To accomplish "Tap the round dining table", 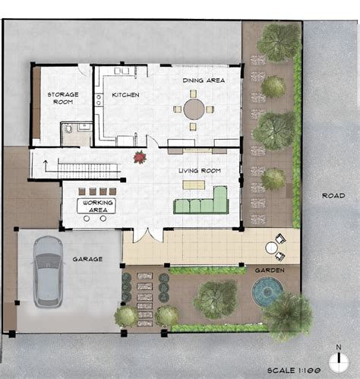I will pyautogui.click(x=194, y=109).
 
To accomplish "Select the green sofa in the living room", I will pyautogui.click(x=201, y=204).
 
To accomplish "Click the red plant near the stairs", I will pyautogui.click(x=140, y=157).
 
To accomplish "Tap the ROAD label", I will pyautogui.click(x=333, y=195).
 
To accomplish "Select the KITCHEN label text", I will pyautogui.click(x=125, y=95).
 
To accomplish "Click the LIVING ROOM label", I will pyautogui.click(x=199, y=171).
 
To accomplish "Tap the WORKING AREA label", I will pyautogui.click(x=98, y=205).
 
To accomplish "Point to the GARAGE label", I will pyautogui.click(x=87, y=259).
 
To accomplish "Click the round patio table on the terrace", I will pyautogui.click(x=271, y=248).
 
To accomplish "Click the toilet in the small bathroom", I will pyautogui.click(x=70, y=130).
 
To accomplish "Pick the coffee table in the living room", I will pyautogui.click(x=193, y=185).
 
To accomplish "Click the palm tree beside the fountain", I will pyautogui.click(x=288, y=312).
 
